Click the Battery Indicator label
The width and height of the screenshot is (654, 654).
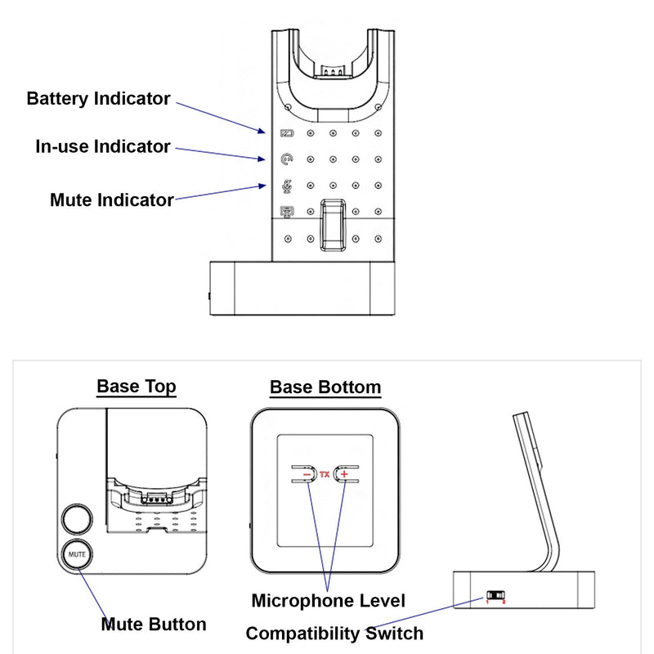(x=99, y=99)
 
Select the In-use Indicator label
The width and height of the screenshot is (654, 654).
(x=103, y=147)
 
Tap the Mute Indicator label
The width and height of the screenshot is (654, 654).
(x=112, y=199)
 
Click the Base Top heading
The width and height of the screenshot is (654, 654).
(x=137, y=386)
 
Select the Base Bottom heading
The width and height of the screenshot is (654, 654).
(x=325, y=387)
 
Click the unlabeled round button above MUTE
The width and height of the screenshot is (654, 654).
(x=77, y=518)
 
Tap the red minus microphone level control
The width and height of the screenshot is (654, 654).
(x=306, y=474)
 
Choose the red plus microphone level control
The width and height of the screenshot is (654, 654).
(x=344, y=474)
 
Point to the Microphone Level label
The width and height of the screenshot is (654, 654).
(x=328, y=602)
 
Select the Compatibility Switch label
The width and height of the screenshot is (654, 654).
(x=334, y=634)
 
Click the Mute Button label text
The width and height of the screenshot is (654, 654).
(x=154, y=625)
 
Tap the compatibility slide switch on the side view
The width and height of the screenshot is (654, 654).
(x=495, y=595)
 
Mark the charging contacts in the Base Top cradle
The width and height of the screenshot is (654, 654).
(x=154, y=497)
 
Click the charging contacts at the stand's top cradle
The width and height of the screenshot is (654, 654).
(x=331, y=70)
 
